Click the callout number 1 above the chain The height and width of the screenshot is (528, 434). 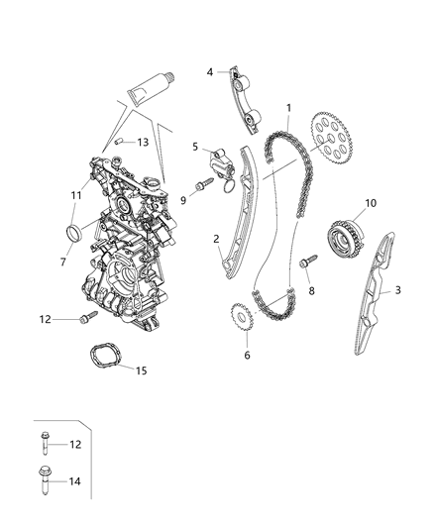pos(288,107)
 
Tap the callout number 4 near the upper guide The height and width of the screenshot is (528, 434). pos(210,71)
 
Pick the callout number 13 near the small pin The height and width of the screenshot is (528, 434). pos(144,143)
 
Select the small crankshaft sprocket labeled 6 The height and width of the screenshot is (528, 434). pos(239,319)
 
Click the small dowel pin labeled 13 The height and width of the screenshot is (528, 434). pos(119,143)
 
